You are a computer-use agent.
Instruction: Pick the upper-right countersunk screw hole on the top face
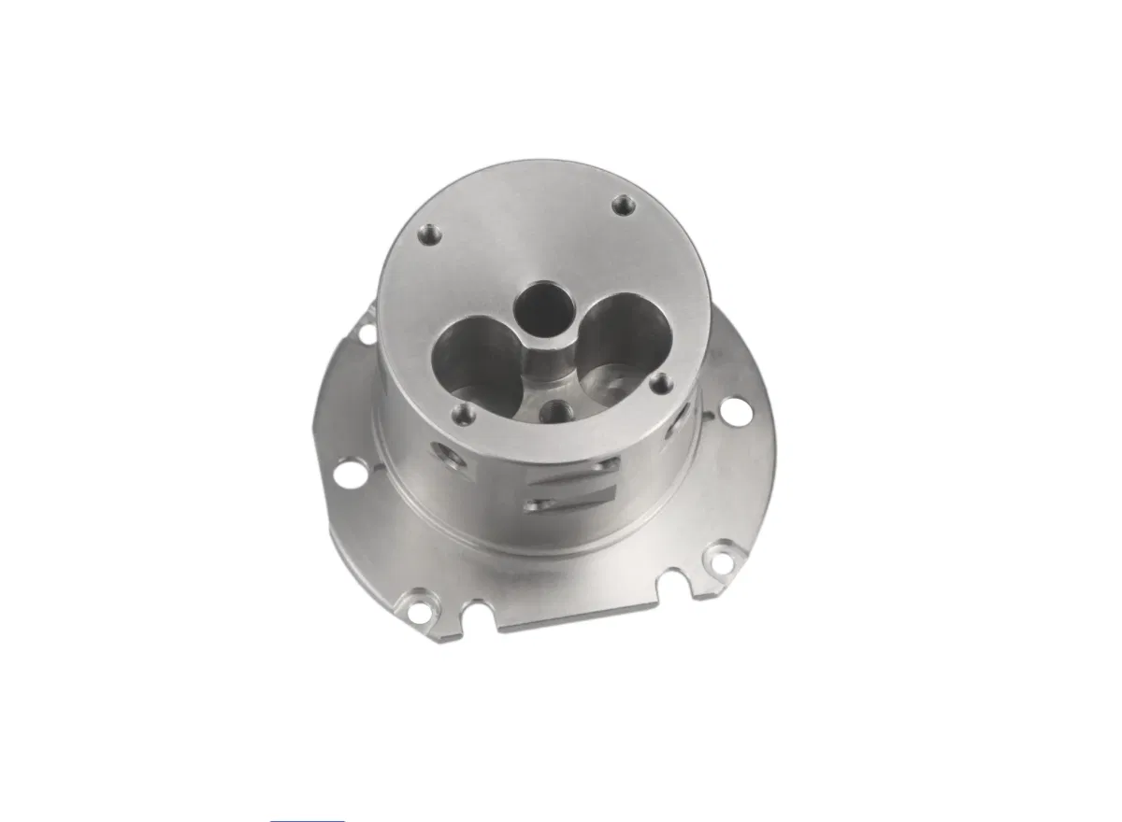tap(622, 205)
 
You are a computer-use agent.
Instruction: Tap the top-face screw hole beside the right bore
tap(661, 383)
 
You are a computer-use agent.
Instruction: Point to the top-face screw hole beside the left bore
tap(460, 412)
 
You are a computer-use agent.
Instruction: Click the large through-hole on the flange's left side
tap(350, 473)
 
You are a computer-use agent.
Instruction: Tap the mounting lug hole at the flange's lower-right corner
tap(721, 560)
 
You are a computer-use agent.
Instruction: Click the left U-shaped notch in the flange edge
tap(480, 612)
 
